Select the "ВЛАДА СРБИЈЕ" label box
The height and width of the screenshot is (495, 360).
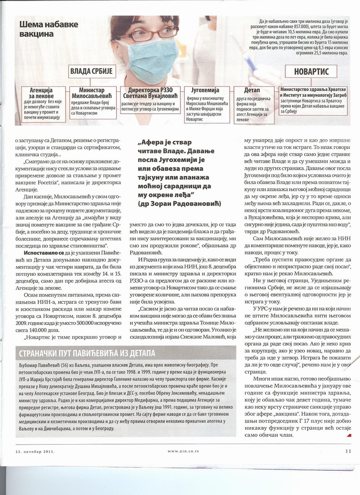93,72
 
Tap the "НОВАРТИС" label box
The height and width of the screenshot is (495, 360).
311,72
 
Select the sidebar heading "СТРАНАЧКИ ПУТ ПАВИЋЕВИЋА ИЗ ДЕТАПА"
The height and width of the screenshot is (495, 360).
85,352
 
